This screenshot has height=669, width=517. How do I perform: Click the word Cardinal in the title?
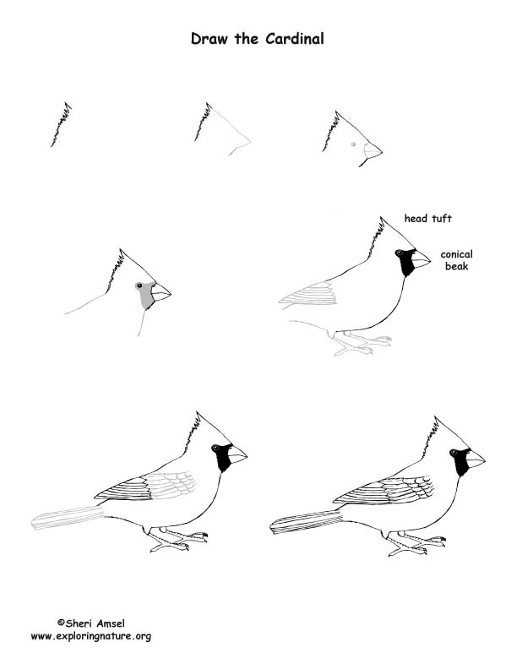(x=294, y=39)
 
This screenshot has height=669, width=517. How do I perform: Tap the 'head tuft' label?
(x=427, y=219)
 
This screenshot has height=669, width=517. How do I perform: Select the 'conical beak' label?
(x=456, y=260)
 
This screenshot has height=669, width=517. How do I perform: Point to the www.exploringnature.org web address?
(x=91, y=637)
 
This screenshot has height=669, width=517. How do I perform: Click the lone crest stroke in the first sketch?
(x=61, y=124)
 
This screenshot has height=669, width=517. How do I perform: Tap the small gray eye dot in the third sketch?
(x=353, y=144)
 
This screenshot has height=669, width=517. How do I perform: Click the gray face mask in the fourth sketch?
(x=146, y=294)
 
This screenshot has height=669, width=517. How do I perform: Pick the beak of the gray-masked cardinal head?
(x=161, y=292)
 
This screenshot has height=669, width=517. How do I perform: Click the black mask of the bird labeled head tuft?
(x=405, y=262)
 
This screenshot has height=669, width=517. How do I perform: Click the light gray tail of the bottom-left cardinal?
(x=68, y=517)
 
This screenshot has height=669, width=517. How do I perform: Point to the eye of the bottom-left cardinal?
(x=216, y=448)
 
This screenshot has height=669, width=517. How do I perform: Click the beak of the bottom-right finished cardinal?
(x=476, y=459)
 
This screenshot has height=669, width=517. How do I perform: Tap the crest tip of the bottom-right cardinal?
(x=436, y=416)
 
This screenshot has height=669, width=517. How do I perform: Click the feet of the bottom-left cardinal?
(x=177, y=539)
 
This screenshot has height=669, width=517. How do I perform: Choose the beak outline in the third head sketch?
(x=373, y=150)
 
